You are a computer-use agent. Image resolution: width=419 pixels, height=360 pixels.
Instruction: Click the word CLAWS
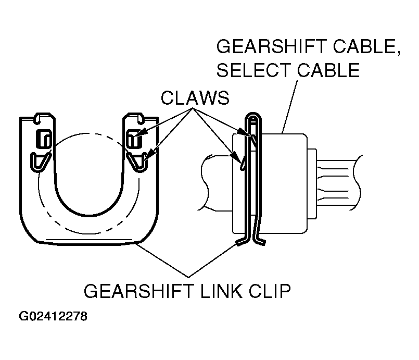[195, 98]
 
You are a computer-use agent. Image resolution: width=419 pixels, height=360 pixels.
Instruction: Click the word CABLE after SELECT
[328, 70]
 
